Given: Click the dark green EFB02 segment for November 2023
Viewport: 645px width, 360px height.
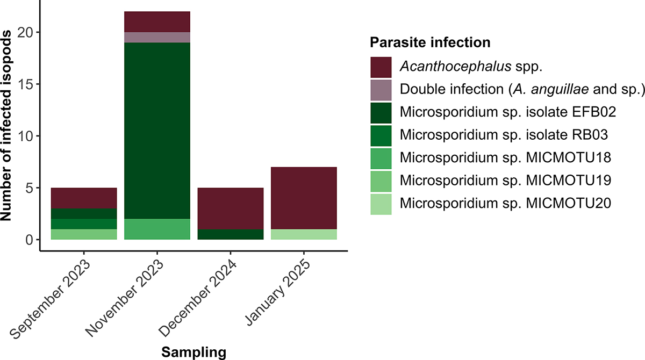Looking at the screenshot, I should [x=157, y=131].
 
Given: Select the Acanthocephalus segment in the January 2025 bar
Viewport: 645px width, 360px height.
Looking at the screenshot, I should [x=304, y=198].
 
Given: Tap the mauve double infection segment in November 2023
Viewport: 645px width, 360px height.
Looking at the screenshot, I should [x=157, y=37].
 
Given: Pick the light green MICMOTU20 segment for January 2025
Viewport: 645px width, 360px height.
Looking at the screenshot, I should [x=304, y=234].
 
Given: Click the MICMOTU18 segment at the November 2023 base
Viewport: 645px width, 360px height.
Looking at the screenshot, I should [x=157, y=229].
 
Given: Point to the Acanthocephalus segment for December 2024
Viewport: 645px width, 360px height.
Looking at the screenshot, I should [x=231, y=208].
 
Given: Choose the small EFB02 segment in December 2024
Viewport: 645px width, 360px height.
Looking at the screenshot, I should [x=231, y=234].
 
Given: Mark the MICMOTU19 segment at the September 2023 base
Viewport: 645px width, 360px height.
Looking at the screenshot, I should [x=83, y=234].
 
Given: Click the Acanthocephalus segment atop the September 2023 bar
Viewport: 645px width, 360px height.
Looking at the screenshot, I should [x=83, y=198].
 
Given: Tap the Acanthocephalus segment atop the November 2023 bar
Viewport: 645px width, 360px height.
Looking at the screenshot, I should [x=157, y=21].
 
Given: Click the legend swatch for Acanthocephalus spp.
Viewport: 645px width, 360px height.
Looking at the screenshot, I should [x=381, y=67].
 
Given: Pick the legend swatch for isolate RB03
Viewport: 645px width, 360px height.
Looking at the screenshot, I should [x=381, y=135].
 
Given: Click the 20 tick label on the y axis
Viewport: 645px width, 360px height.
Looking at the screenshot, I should [x=26, y=32].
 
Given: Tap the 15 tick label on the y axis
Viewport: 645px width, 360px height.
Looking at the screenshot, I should [x=26, y=84].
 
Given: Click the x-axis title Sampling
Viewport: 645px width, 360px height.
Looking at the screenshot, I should [x=193, y=352].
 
